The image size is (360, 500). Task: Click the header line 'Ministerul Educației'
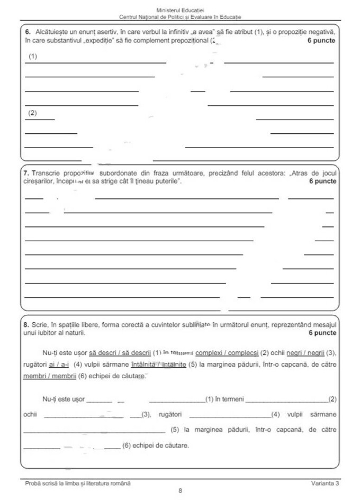pyautogui.click(x=181, y=10)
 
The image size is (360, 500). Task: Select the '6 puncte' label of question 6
pyautogui.click(x=321, y=40)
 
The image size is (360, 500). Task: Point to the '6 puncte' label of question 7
pyautogui.click(x=321, y=181)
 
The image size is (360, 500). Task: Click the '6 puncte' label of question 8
pyautogui.click(x=321, y=333)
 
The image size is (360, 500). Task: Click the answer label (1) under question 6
pyautogui.click(x=33, y=56)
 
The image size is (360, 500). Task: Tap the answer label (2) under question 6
pyautogui.click(x=33, y=113)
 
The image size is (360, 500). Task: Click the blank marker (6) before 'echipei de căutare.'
pyautogui.click(x=126, y=446)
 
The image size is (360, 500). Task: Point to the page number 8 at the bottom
pyautogui.click(x=180, y=490)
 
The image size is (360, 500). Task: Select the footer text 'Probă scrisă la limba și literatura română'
pyautogui.click(x=77, y=484)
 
